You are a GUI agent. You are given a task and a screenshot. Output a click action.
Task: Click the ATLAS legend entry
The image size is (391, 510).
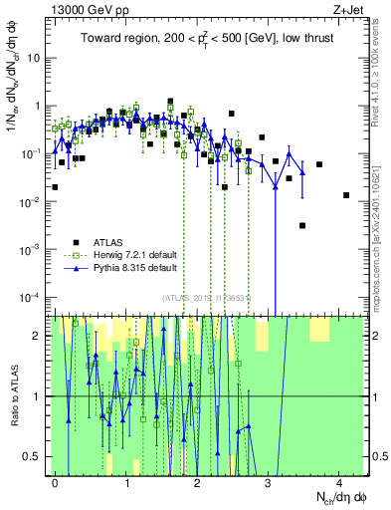point(110,241)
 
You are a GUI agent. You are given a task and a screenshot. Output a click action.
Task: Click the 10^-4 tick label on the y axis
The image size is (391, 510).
point(33,298)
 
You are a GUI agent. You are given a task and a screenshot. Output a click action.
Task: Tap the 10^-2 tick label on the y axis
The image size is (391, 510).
point(33,201)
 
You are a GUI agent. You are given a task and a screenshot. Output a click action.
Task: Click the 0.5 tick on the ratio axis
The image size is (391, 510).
point(35,456)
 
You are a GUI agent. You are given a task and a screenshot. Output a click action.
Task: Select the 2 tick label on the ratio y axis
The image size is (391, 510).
point(40,336)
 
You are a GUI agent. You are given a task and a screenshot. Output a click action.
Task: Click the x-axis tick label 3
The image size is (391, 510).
point(268,481)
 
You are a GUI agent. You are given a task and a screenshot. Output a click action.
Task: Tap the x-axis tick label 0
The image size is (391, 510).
point(56,481)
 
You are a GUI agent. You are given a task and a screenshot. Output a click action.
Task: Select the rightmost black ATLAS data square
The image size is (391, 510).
point(346,195)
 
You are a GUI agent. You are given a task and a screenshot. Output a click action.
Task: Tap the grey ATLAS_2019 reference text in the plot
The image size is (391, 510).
point(209,297)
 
